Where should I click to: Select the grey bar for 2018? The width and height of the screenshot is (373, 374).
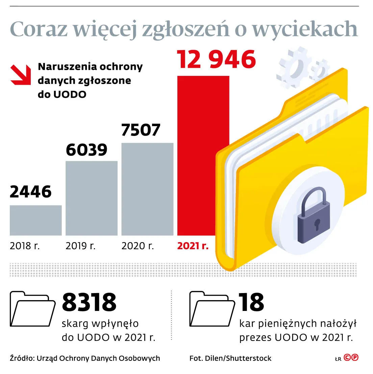[x=35, y=220]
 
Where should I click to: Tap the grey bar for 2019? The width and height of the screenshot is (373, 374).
[x=91, y=198]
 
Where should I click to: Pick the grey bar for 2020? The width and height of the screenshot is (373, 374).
[x=147, y=189]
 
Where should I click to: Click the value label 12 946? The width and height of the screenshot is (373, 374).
[x=216, y=60]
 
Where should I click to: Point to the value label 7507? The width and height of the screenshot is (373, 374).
[x=141, y=130]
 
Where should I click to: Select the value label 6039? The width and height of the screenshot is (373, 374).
[x=86, y=150]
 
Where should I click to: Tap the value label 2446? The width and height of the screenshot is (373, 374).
[x=31, y=192]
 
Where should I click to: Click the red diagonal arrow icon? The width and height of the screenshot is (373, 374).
[x=21, y=75]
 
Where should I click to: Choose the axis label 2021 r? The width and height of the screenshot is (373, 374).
[x=193, y=246]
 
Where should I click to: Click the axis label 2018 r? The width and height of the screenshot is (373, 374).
[x=25, y=246]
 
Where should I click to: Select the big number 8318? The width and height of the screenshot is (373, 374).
[x=89, y=302]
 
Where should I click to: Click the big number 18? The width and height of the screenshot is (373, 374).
[x=251, y=302]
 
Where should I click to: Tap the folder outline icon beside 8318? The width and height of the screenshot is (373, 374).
[x=32, y=309]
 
